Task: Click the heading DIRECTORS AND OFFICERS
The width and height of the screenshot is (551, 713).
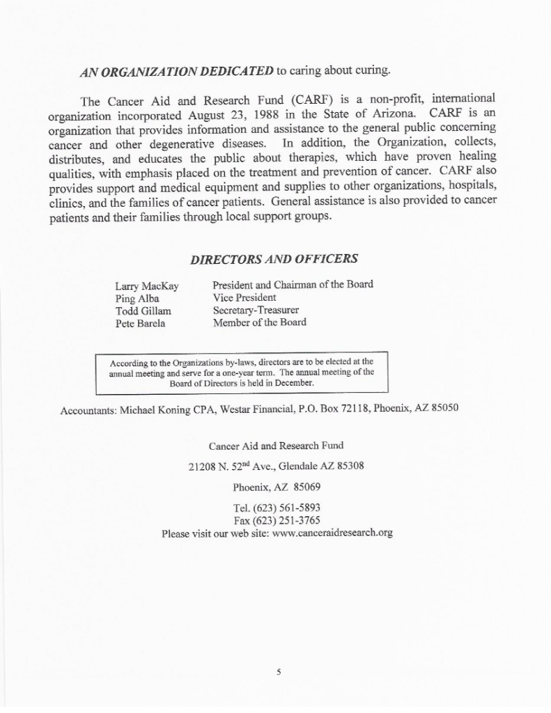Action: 274,259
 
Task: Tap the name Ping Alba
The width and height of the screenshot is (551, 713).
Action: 137,299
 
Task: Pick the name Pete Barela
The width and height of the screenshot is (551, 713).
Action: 140,324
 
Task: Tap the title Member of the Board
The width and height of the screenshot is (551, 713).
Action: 259,322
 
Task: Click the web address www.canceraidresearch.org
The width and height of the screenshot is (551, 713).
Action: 334,533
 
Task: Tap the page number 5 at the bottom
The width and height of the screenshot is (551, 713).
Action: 277,673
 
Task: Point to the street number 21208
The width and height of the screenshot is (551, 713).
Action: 203,467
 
